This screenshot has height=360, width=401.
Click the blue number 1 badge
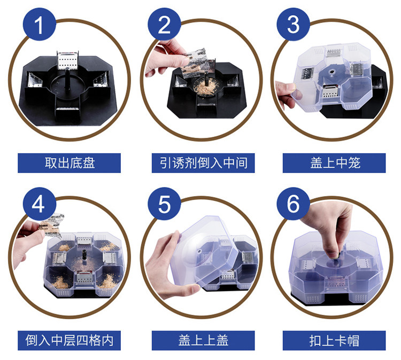(x=40, y=25)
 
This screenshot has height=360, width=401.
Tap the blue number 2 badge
(x=164, y=25)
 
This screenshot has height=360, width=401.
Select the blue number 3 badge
(x=294, y=25)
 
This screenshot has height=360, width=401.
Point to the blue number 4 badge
(x=40, y=204)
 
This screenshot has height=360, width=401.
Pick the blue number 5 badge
(x=164, y=204)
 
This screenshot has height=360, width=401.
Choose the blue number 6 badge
(x=294, y=204)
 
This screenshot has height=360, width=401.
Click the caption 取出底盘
(x=70, y=163)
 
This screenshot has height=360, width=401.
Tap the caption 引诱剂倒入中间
(x=203, y=163)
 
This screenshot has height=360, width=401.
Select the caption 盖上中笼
(x=335, y=163)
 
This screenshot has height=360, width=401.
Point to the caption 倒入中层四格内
(x=70, y=341)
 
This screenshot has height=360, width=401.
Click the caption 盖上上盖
(x=203, y=341)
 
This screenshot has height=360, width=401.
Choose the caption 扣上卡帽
(x=335, y=341)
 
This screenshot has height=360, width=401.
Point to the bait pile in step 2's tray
(x=206, y=88)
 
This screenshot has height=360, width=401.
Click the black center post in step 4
(x=84, y=255)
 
